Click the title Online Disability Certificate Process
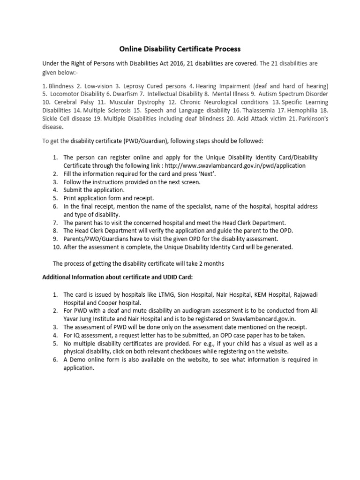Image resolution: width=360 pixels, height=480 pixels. click(180, 48)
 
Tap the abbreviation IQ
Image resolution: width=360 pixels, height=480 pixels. click(77, 335)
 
